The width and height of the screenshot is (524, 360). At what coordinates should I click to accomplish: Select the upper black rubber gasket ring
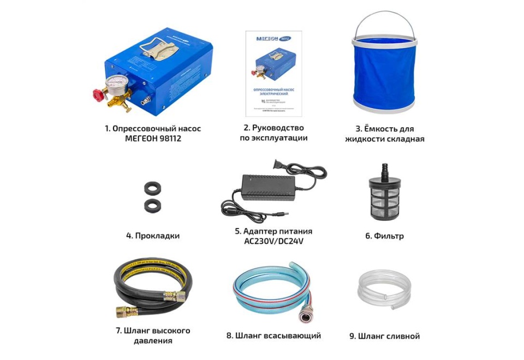[x=152, y=189]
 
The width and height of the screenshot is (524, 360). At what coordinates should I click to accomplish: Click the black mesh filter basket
[x=384, y=201]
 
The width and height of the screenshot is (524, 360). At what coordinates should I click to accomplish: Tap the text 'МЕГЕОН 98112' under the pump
[x=153, y=139]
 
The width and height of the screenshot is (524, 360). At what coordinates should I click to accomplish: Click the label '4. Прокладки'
[x=153, y=236]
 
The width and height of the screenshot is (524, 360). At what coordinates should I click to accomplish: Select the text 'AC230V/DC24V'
[x=273, y=241]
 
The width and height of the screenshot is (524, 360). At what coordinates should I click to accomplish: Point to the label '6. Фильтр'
[x=384, y=236]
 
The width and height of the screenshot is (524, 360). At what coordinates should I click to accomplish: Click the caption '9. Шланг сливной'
[x=384, y=336]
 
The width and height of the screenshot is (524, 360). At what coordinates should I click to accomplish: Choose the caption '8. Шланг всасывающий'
[x=273, y=335]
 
